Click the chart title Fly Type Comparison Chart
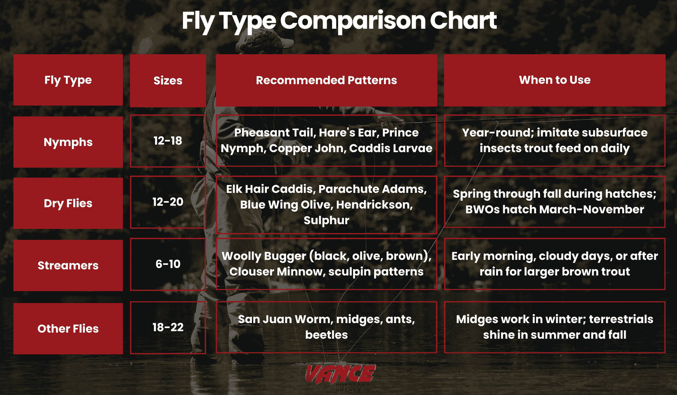339,20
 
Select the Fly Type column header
68,80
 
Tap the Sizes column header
168,80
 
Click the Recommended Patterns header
326,80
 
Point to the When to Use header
555,80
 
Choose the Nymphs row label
68,142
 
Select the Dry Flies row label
68,203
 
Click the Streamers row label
68,265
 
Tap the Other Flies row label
68,329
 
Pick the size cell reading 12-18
168,141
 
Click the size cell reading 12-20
168,202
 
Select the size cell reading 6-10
168,264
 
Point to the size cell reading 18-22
168,327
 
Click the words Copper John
306,148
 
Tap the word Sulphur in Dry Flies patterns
326,220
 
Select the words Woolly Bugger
264,256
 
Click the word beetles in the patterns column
326,335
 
